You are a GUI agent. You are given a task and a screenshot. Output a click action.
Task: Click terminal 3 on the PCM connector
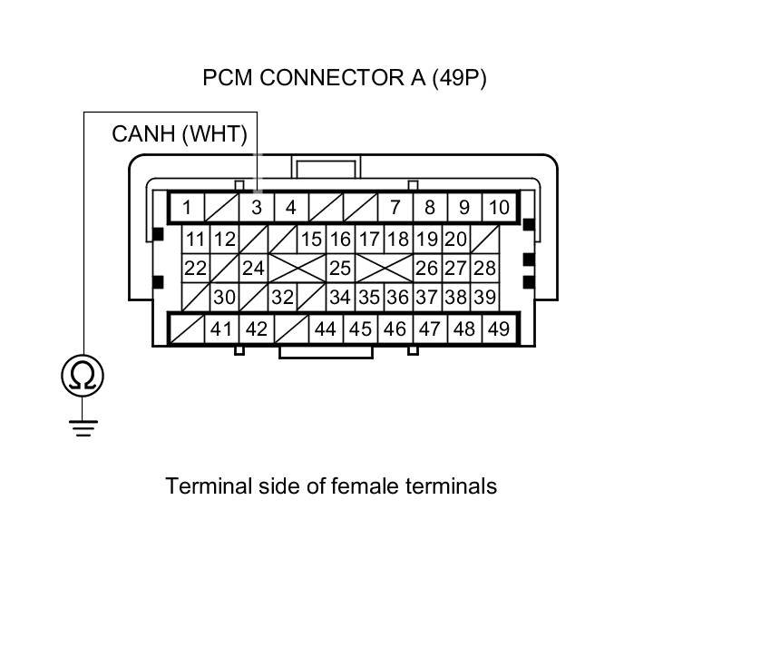(257, 208)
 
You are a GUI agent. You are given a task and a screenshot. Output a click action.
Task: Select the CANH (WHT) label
(180, 134)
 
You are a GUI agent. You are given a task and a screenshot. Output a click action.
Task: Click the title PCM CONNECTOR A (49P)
(345, 78)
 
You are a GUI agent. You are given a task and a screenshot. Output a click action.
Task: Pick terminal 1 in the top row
(187, 208)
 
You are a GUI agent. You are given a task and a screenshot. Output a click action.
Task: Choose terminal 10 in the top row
(499, 208)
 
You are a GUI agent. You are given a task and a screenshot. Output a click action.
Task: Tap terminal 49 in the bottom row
(499, 329)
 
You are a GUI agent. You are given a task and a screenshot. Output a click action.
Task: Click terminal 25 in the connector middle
(340, 269)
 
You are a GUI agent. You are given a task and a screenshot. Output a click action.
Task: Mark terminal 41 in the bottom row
(222, 329)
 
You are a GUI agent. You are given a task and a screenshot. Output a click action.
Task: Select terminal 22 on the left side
(195, 269)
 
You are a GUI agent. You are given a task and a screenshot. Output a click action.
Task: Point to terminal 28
(485, 269)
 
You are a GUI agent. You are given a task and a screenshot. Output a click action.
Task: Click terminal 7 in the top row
(395, 208)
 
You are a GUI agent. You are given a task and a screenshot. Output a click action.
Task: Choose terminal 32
(283, 297)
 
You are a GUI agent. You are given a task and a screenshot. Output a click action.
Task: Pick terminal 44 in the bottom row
(326, 329)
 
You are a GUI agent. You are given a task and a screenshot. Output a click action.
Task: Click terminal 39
(485, 297)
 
